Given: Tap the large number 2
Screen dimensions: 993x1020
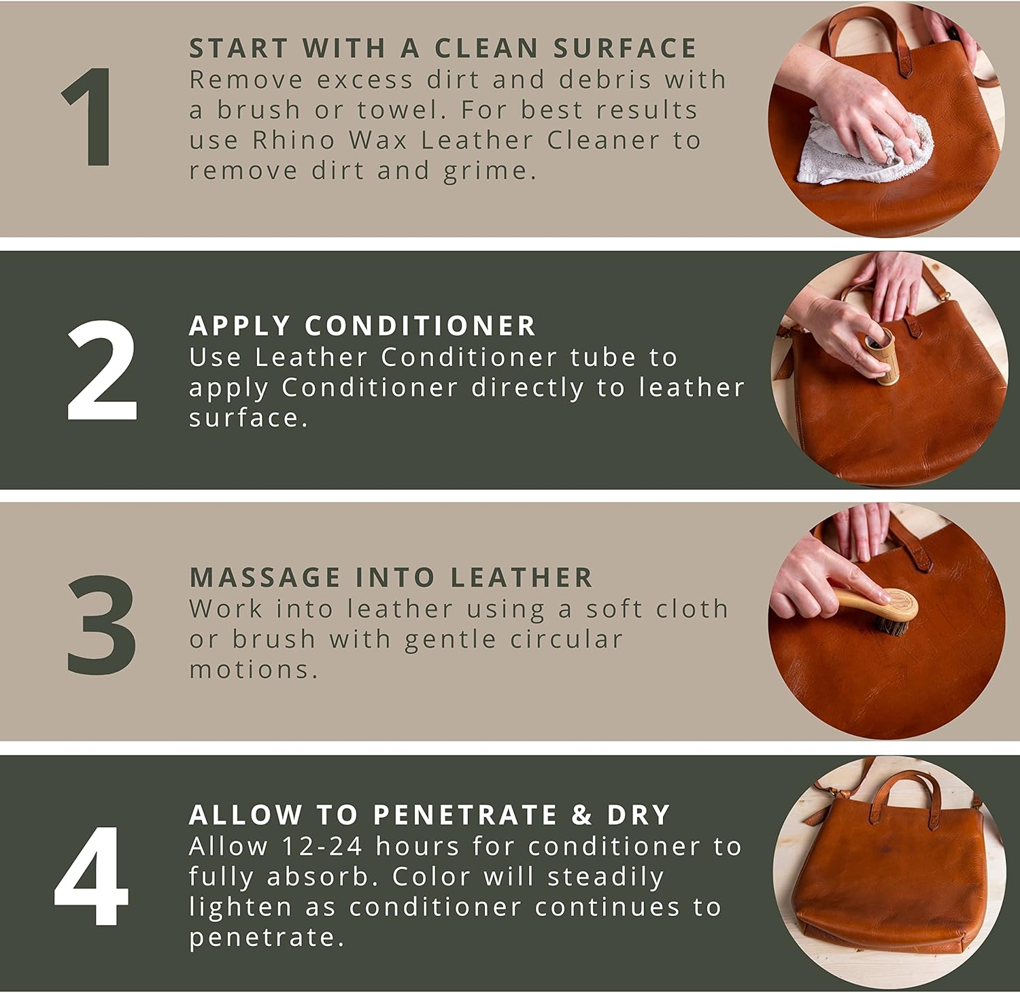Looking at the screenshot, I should tap(102, 371).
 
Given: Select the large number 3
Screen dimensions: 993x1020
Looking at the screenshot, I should tap(102, 624).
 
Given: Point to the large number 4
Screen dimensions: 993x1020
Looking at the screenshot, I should tap(92, 876).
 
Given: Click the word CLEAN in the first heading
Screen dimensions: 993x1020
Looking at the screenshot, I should tap(486, 48).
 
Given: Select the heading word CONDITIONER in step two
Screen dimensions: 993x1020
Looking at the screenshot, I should tap(420, 326).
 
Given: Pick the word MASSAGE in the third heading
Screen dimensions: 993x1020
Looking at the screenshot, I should tap(265, 577).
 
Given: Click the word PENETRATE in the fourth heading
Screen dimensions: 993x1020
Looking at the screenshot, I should tap(465, 815).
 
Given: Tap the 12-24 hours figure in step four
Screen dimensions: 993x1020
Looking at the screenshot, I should tap(323, 846).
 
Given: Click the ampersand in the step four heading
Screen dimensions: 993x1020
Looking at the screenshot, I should tap(581, 815).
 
